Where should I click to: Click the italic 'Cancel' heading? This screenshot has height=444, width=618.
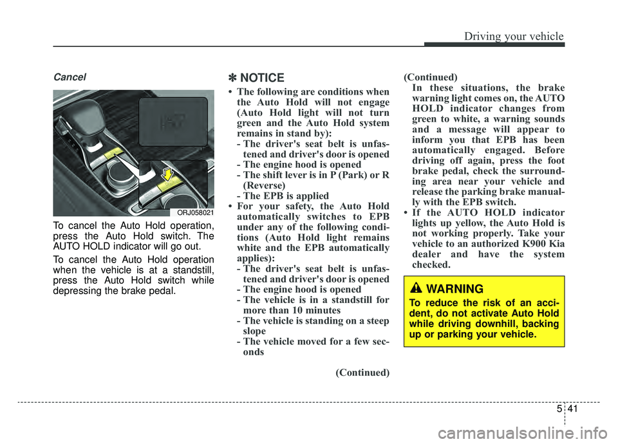pyautogui.click(x=69, y=77)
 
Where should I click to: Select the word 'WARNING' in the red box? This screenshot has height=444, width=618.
pyautogui.click(x=454, y=289)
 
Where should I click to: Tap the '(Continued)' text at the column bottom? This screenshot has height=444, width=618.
pyautogui.click(x=362, y=373)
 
